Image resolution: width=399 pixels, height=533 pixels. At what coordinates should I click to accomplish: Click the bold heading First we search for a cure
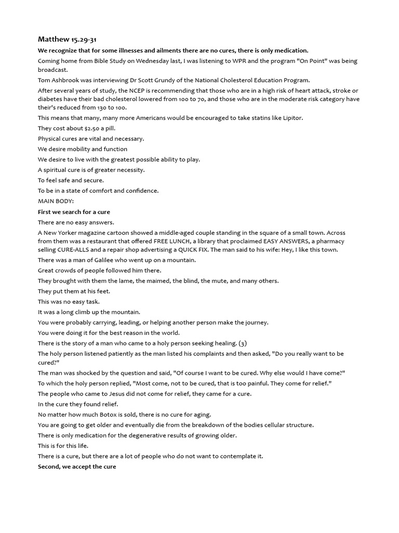pyautogui.click(x=74, y=212)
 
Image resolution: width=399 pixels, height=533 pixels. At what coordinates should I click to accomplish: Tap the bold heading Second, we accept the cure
pyautogui.click(x=77, y=467)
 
